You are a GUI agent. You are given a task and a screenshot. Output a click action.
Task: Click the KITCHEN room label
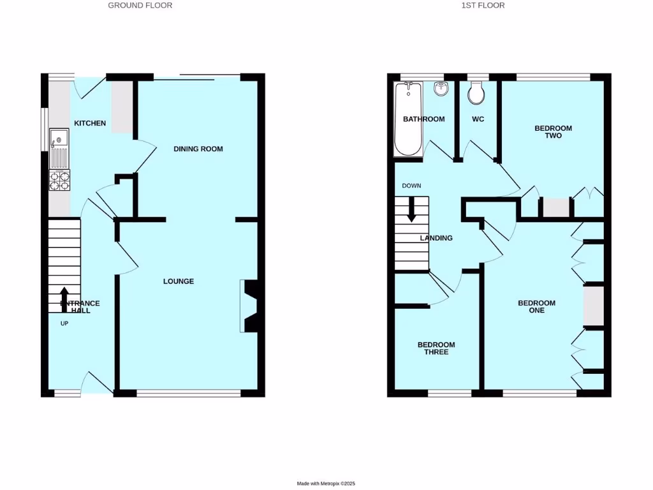click(x=90, y=123)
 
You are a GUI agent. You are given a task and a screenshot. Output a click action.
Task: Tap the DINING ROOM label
click(x=198, y=149)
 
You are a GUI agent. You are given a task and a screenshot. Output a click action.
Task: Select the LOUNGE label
click(x=179, y=281)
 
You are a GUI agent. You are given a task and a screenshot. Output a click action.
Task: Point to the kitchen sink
click(x=59, y=138)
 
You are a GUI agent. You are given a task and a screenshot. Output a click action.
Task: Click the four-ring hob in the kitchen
click(x=59, y=181)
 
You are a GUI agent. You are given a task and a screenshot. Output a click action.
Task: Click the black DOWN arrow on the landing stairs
click(x=411, y=210)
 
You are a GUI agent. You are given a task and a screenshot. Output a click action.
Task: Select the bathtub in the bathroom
click(x=408, y=119)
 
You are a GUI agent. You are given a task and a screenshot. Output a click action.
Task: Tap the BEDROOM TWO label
click(x=553, y=132)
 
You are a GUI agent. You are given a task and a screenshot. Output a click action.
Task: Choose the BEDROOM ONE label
click(x=536, y=307)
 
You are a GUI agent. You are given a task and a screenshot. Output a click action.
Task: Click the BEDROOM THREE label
click(x=436, y=348)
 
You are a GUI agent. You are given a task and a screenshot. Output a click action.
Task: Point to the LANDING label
click(x=436, y=238)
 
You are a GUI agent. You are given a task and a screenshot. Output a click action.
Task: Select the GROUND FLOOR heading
click(x=140, y=5)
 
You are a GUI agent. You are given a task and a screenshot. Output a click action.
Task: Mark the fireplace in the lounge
click(x=249, y=306)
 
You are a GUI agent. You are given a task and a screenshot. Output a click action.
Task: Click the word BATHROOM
click(x=423, y=119)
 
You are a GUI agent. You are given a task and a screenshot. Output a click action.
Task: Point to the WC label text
click(x=478, y=119)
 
